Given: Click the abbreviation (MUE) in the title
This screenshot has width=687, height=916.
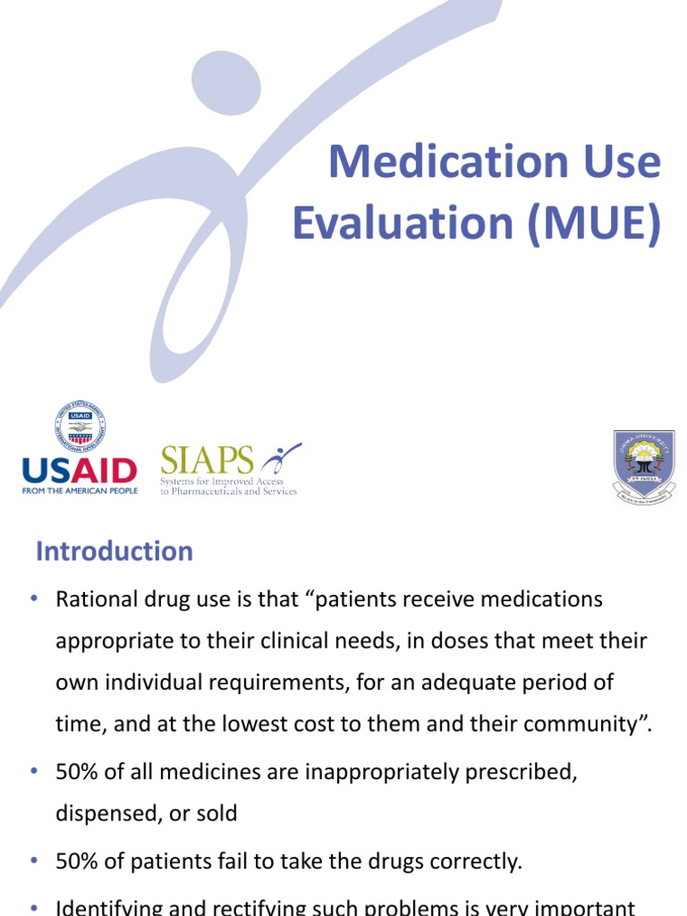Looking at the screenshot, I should (594, 224).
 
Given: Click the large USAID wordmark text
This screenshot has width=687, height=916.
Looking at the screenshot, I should (79, 471).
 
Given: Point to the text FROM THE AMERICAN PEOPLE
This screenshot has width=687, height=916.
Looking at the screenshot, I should (79, 491).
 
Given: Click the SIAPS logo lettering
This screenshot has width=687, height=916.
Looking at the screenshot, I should (207, 461).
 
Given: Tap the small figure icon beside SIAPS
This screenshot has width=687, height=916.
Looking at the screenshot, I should (281, 460).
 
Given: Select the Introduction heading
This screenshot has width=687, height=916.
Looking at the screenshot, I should (114, 551).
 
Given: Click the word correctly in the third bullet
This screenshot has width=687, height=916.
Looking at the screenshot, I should (479, 861).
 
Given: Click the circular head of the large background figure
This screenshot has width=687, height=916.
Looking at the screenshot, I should (227, 83).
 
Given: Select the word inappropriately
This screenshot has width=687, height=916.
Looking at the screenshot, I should (339, 772).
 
